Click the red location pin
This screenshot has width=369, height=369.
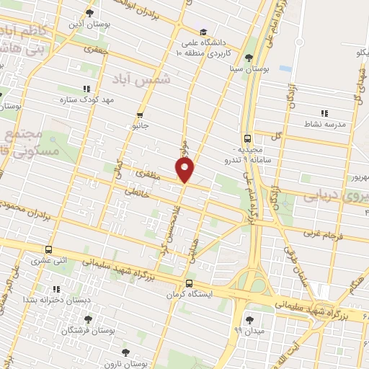click(186, 170)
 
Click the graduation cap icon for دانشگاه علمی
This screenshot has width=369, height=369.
click(204, 32)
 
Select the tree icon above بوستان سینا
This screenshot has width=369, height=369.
click(249, 58)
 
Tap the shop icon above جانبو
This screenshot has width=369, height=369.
click(140, 114)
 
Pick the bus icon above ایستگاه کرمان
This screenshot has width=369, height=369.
click(189, 283)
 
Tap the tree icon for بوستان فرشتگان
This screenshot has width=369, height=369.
click(88, 319)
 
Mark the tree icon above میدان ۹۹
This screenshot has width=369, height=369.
click(249, 319)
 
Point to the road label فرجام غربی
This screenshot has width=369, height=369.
click(319, 234)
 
